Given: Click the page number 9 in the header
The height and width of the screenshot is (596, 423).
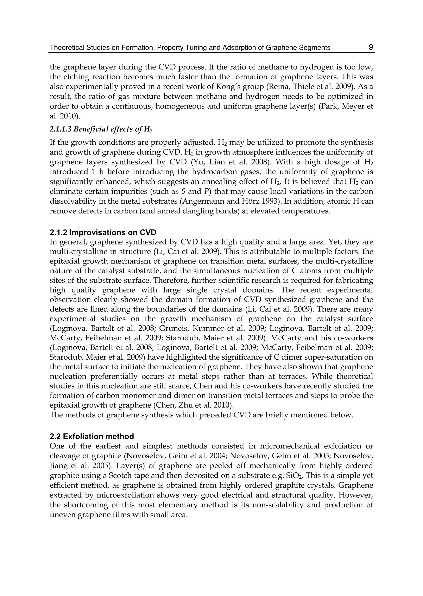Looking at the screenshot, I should point(371,47).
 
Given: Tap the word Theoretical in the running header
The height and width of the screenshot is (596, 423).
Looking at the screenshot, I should point(64,48).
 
